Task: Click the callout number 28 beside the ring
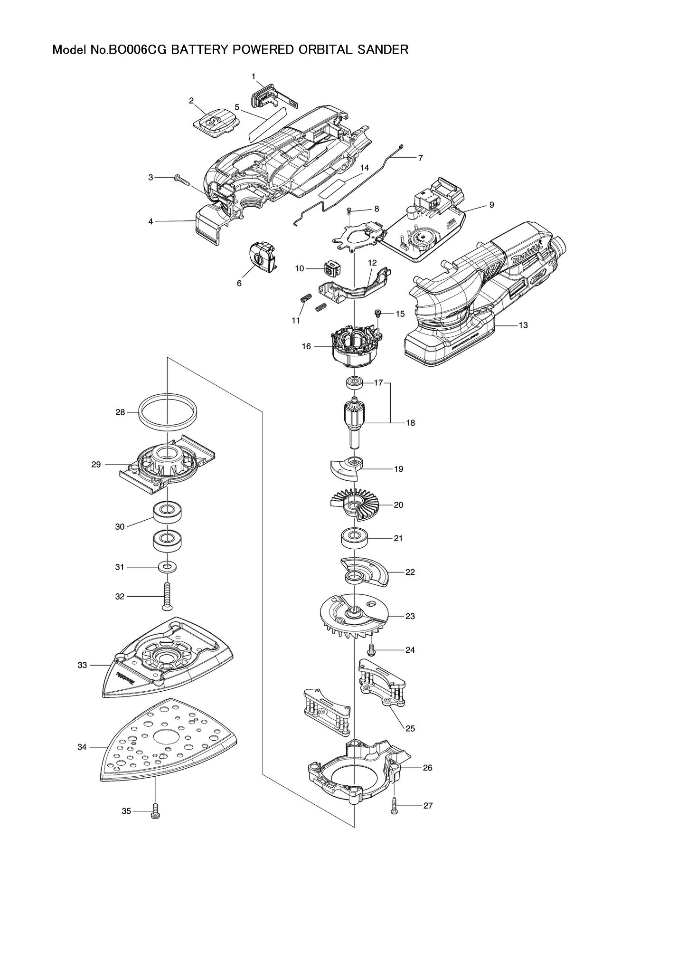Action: click(x=120, y=412)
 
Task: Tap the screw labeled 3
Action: click(x=181, y=179)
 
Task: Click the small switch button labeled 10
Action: click(x=330, y=269)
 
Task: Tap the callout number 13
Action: click(x=523, y=325)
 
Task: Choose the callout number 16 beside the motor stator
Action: click(x=306, y=346)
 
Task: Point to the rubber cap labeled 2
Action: click(x=215, y=122)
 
